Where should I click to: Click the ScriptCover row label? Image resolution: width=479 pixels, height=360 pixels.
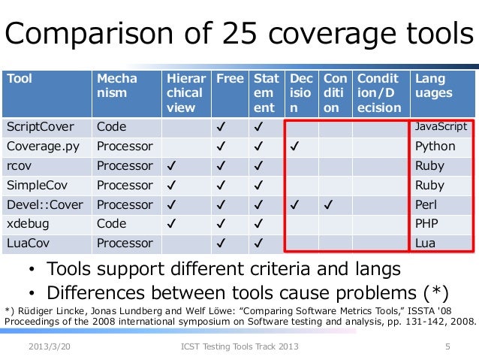coord(36,127)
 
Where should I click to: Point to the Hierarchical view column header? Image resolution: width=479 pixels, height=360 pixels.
coord(185,93)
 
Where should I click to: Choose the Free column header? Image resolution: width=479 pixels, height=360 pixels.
coord(230,79)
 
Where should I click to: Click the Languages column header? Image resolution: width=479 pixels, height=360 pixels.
coord(429,86)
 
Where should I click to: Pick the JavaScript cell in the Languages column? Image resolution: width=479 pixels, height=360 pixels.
coord(441,127)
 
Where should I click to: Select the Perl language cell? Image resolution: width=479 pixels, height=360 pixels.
coord(424,204)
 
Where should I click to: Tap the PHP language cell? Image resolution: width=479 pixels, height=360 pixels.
coord(426,223)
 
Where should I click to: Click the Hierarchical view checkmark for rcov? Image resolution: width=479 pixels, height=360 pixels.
coord(172,165)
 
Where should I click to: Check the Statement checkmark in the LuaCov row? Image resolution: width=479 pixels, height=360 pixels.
coord(258,243)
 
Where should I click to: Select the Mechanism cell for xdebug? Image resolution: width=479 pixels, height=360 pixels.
coord(111,223)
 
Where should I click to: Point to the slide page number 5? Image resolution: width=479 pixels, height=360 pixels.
coord(447,347)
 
